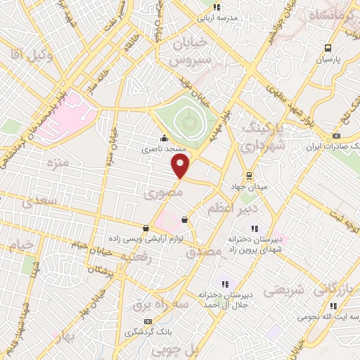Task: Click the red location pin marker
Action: pos(181,167)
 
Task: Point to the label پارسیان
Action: pos(327,60)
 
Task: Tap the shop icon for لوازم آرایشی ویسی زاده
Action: pos(146,228)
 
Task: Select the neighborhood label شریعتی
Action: pos(284,289)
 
